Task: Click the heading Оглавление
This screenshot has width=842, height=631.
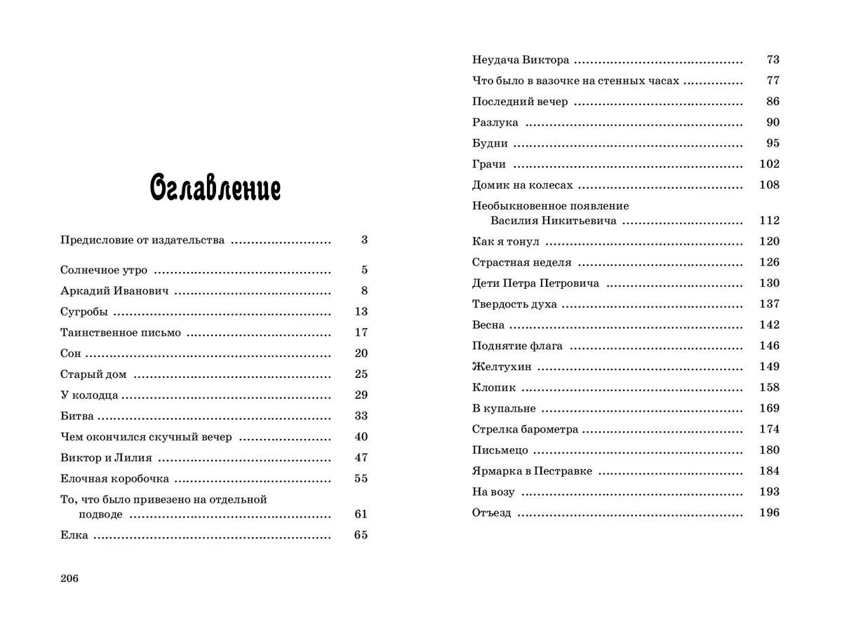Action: coord(215,189)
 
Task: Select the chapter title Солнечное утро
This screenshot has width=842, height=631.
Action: coord(104,270)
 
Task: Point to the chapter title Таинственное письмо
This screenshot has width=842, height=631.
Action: coord(121,333)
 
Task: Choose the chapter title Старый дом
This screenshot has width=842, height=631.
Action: coord(93,374)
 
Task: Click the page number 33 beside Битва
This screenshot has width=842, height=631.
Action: coord(361,416)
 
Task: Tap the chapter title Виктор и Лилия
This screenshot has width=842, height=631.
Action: coord(106,458)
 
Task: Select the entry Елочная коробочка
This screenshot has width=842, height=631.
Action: coord(114,479)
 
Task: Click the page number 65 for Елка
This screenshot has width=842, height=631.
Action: coord(361,536)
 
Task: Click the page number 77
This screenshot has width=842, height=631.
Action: coord(773,81)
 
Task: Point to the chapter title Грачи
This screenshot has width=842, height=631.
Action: coord(489,165)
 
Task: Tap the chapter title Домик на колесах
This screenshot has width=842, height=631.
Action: coord(523,186)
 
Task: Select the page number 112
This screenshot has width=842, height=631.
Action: coord(769,221)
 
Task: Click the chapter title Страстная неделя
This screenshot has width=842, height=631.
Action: coord(522,263)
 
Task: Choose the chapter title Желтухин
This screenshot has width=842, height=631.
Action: coord(502,367)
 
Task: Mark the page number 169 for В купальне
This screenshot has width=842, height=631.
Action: coord(769,408)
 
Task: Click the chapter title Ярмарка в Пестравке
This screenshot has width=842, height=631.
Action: coord(533,471)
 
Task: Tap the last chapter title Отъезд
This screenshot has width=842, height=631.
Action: coord(492,513)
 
